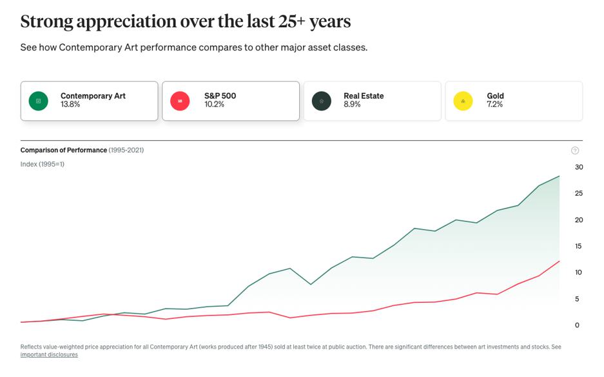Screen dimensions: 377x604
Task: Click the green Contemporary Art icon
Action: pos(38,101)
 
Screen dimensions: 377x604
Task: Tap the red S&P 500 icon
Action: pos(180,101)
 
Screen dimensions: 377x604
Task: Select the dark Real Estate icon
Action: pos(322,101)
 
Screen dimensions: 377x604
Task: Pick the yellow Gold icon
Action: pos(463,101)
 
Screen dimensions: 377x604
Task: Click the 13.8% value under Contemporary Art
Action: pos(70,105)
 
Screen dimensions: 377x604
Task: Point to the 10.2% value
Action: pos(214,105)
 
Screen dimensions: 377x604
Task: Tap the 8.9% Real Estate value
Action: pos(352,105)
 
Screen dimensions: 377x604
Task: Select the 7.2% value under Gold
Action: pos(494,105)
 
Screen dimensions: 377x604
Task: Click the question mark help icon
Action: pos(575,150)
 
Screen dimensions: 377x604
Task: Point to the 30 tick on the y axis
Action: pos(579,167)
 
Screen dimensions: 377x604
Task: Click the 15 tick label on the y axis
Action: pos(578,246)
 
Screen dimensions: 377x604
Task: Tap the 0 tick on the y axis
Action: pos(577,325)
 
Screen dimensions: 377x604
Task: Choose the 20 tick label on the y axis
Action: pos(579,220)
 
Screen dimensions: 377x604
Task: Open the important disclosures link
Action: pos(49,355)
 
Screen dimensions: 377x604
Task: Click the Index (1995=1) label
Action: pos(43,164)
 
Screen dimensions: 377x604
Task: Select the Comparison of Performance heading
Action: pos(64,150)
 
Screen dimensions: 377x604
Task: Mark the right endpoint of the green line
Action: pos(559,176)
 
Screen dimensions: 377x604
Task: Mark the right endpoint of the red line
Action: pos(559,261)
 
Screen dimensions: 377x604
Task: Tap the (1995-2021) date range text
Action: pos(126,150)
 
